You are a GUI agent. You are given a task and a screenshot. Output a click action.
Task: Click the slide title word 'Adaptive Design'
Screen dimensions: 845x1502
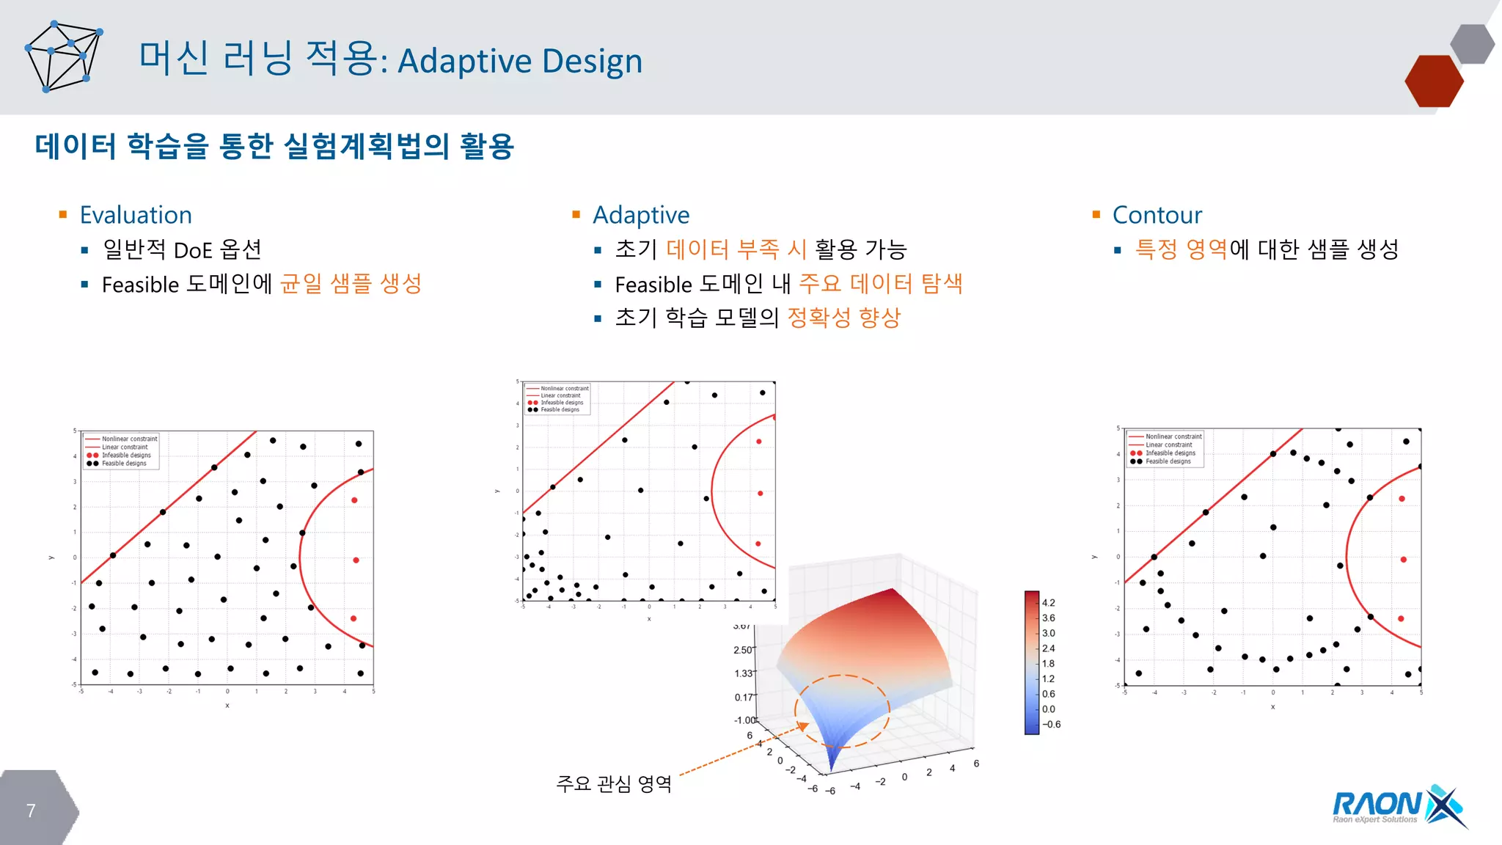(519, 62)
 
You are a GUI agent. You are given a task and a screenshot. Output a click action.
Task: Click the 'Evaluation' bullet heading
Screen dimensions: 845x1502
(136, 215)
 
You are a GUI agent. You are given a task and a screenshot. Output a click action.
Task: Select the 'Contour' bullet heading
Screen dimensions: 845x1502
(1157, 215)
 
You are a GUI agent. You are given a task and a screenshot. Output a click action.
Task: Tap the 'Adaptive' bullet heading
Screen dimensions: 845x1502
(640, 215)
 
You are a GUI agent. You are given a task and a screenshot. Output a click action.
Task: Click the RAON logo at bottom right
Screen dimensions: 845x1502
(1398, 807)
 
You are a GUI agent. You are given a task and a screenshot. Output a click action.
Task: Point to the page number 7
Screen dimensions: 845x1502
(31, 811)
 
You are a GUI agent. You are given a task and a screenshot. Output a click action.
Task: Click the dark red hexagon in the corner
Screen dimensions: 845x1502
(1433, 81)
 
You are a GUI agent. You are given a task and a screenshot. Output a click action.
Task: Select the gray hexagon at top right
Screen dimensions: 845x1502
(1472, 43)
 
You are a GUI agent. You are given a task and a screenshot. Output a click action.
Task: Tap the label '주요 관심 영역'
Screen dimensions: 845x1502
(614, 784)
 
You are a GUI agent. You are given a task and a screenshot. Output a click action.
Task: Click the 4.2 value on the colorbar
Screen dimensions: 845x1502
(1049, 603)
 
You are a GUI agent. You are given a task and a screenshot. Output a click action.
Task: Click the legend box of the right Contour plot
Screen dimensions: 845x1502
(1165, 448)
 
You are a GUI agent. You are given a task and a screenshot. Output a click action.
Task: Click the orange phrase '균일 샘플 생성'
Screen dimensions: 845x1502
(351, 284)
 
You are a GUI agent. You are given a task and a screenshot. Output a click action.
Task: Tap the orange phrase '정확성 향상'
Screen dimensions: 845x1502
(843, 318)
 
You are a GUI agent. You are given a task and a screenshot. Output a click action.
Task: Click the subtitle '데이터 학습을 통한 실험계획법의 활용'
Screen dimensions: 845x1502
(274, 146)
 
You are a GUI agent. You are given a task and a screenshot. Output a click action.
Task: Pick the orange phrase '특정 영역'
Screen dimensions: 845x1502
(1181, 249)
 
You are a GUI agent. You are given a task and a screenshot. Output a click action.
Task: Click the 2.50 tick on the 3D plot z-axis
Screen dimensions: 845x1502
(742, 650)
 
